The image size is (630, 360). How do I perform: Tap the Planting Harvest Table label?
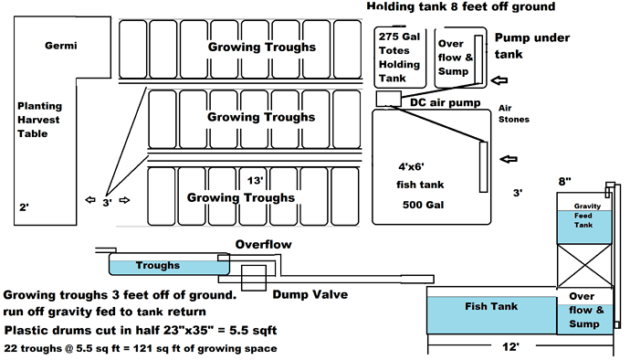[39, 120]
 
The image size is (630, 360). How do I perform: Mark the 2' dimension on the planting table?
[24, 207]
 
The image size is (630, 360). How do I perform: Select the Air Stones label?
[515, 113]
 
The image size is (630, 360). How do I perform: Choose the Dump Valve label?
[303, 294]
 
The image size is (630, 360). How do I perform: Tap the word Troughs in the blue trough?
[158, 266]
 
